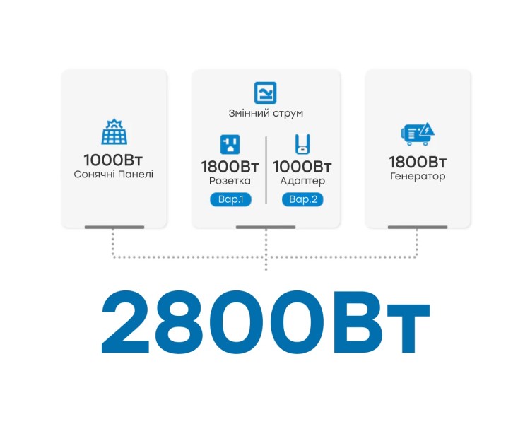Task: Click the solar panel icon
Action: (114, 131)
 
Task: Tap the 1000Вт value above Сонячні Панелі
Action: (113, 160)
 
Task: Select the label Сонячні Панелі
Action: (114, 174)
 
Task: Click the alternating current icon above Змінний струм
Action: (265, 93)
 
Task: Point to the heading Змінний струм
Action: (266, 113)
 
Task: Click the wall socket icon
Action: (230, 144)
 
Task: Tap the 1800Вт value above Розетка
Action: (230, 166)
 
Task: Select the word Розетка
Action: (230, 181)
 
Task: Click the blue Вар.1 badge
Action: (230, 199)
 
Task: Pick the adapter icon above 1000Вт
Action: (302, 144)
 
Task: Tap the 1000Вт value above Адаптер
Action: (302, 166)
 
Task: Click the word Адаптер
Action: (302, 181)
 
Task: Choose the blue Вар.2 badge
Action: (302, 199)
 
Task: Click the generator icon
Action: (418, 134)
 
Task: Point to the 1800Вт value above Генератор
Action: (418, 162)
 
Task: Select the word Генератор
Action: (418, 176)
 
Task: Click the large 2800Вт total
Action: (265, 322)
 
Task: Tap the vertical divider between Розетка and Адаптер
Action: (266, 170)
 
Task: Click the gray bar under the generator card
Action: (418, 228)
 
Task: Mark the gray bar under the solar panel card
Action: (114, 228)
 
